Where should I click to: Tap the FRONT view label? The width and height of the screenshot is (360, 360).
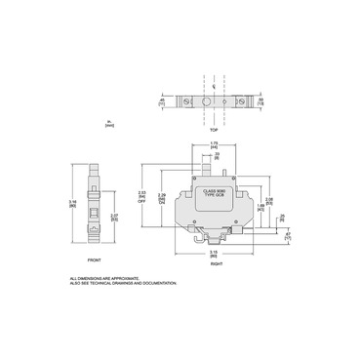pyautogui.click(x=94, y=260)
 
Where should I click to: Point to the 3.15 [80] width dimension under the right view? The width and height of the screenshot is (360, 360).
pyautogui.click(x=213, y=250)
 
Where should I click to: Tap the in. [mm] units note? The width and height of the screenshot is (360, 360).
pyautogui.click(x=109, y=125)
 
